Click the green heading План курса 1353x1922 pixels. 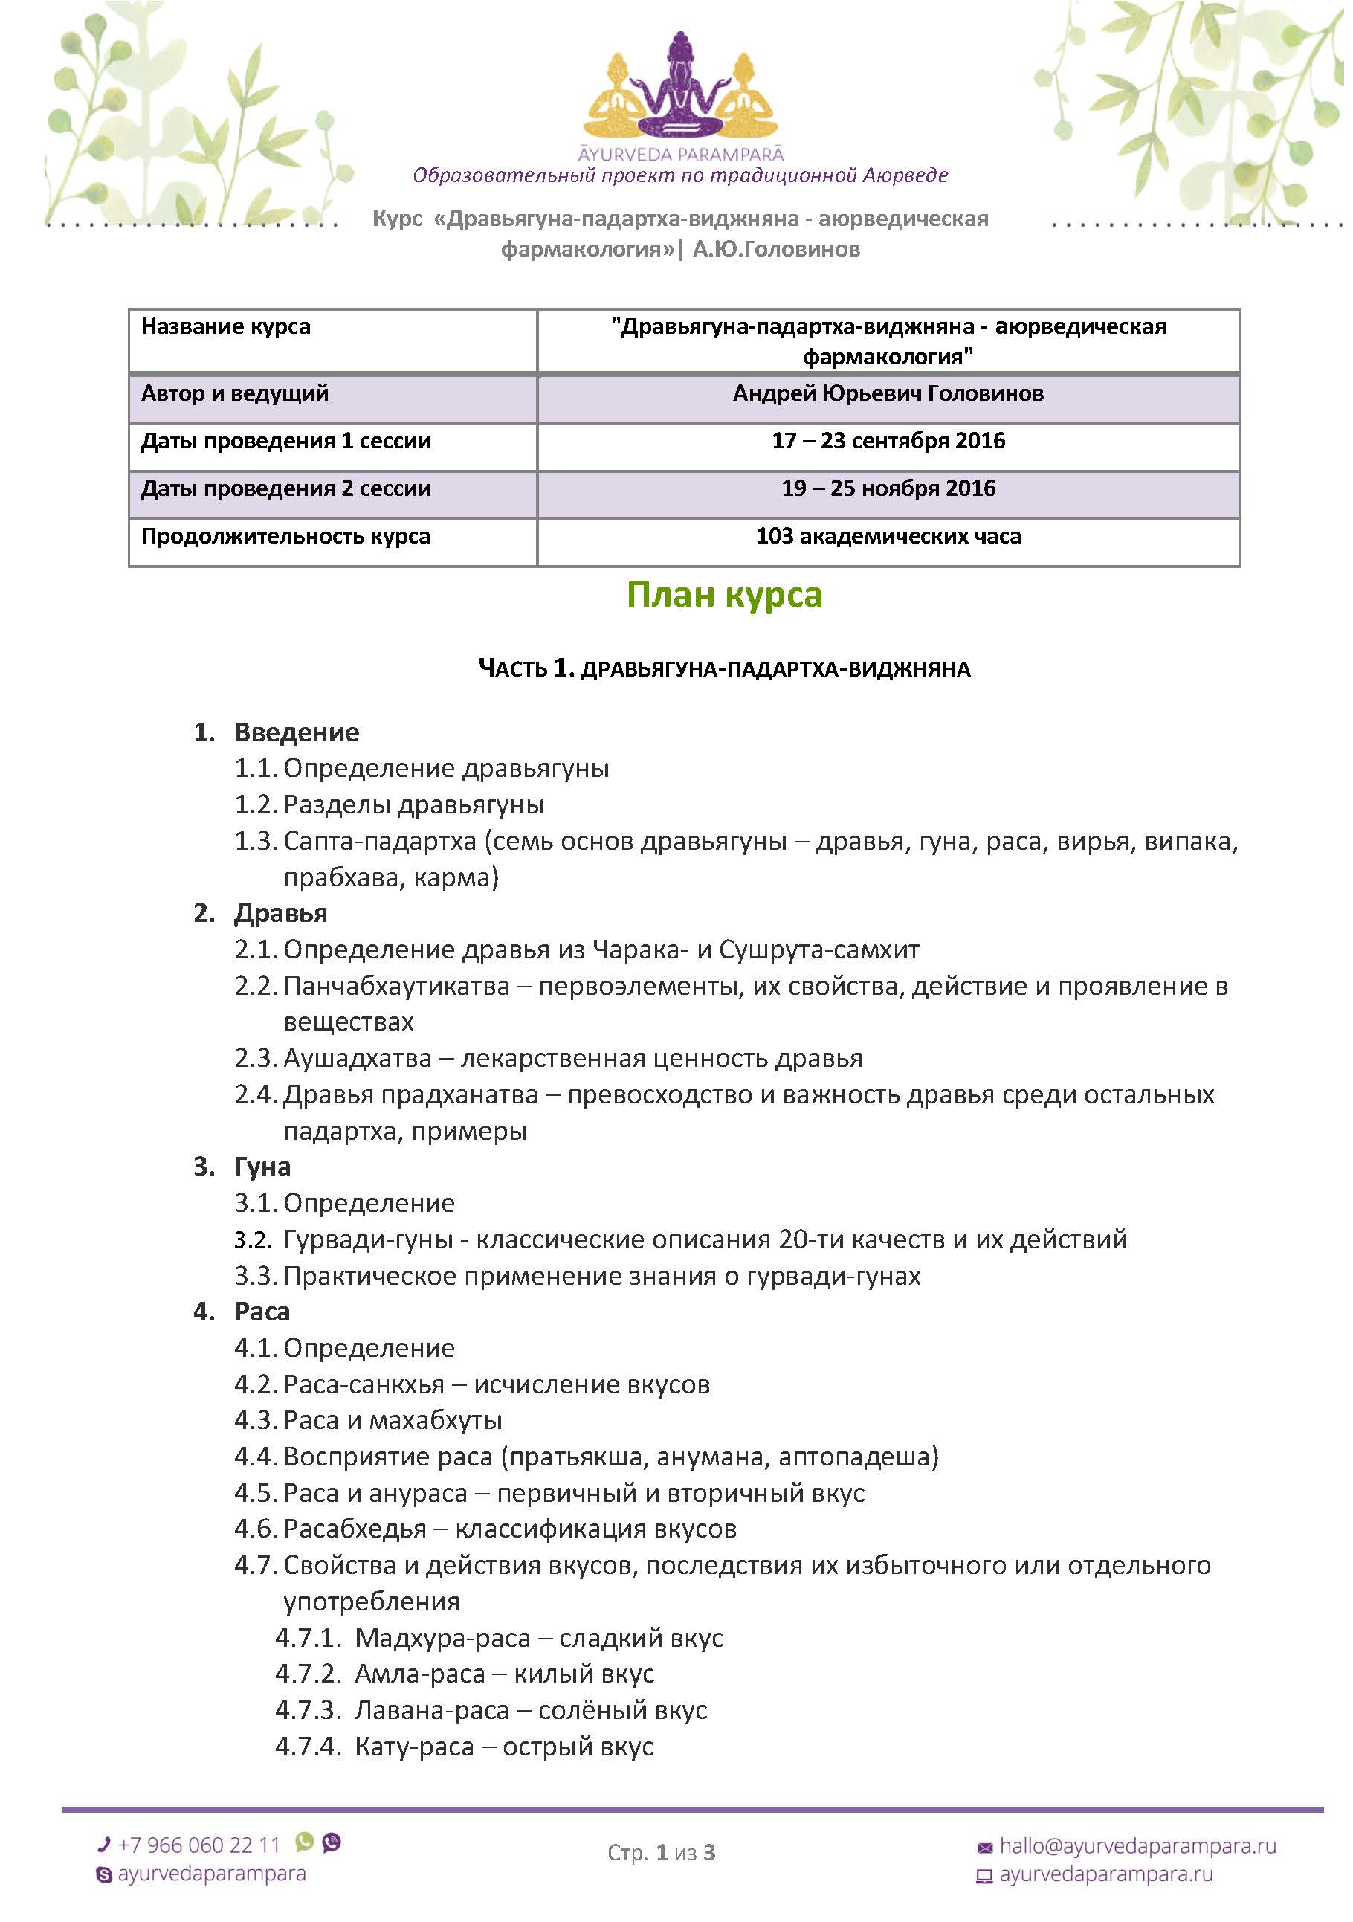[x=724, y=595]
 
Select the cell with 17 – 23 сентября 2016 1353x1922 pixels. [x=888, y=441]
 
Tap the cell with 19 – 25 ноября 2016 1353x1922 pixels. [x=888, y=489]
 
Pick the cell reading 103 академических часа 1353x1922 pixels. [x=888, y=537]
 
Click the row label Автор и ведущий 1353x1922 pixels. [x=235, y=393]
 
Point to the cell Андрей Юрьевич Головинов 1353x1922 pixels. [x=888, y=393]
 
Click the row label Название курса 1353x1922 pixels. [x=226, y=326]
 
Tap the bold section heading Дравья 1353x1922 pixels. [x=280, y=913]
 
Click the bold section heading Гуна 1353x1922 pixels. [x=262, y=1167]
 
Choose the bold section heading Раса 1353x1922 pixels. [x=262, y=1312]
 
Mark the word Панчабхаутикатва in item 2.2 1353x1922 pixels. [x=397, y=986]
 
